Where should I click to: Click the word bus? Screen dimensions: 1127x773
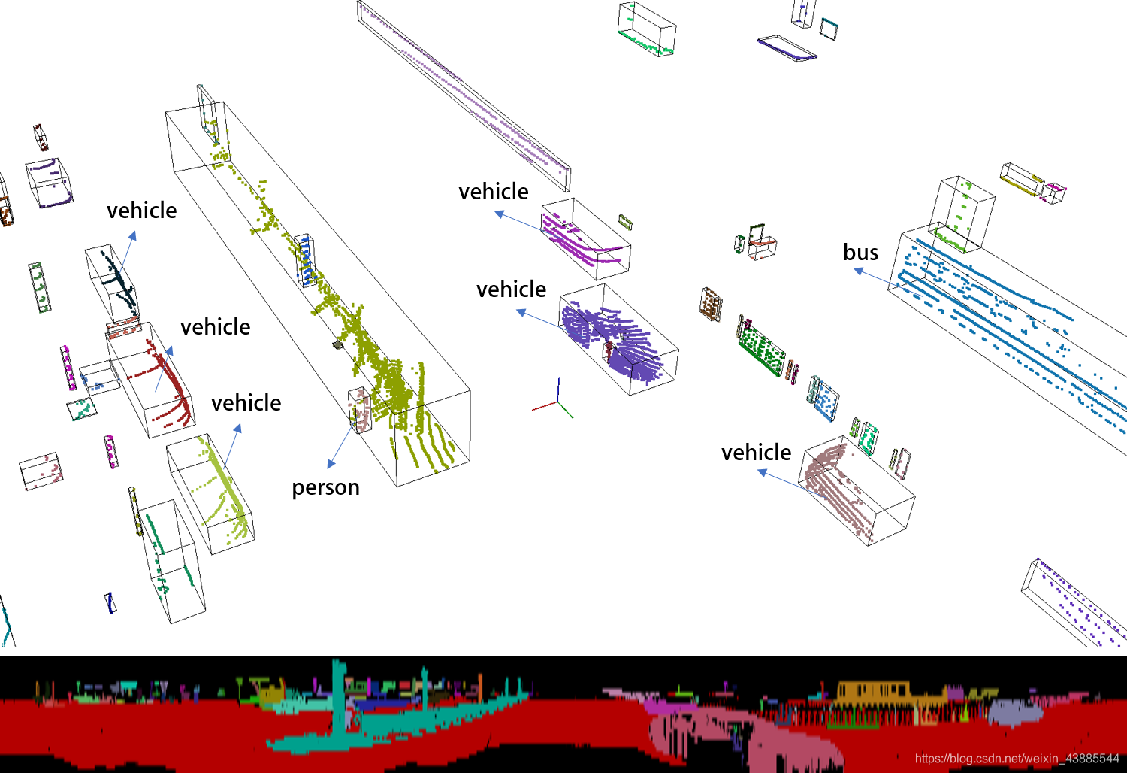[860, 253]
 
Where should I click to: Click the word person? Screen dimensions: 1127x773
[325, 487]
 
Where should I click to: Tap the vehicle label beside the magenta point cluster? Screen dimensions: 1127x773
[493, 192]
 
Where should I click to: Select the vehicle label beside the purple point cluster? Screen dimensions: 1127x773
[511, 289]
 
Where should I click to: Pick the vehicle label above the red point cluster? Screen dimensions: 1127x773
[216, 327]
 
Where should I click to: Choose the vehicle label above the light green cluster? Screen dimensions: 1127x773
[246, 403]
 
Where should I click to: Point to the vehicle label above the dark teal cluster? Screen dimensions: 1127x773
[141, 211]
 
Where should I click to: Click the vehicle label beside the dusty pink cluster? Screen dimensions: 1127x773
[756, 452]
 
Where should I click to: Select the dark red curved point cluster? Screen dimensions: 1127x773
[168, 383]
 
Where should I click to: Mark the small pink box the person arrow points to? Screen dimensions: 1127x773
[360, 410]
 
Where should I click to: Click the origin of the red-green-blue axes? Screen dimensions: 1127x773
[557, 402]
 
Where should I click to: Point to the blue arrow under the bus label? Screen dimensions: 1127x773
[876, 277]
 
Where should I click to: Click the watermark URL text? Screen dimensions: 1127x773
[1017, 759]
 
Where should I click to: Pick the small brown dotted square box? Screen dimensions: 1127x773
[711, 304]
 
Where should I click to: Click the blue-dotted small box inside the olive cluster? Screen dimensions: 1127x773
[305, 260]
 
